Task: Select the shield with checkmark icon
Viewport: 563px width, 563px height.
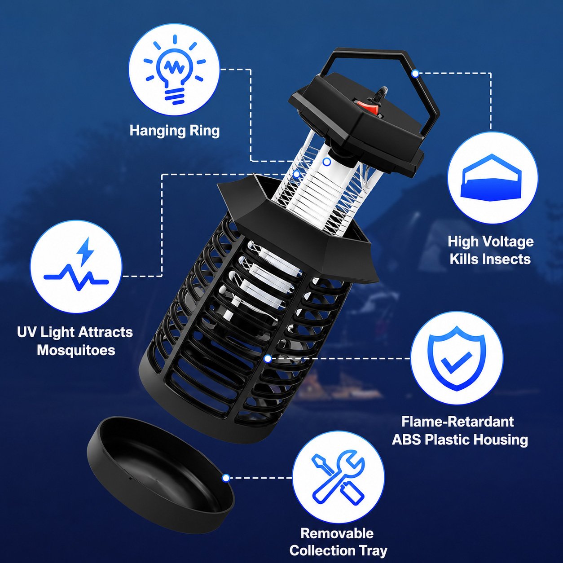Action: click(456, 359)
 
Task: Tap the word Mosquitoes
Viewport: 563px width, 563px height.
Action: click(76, 350)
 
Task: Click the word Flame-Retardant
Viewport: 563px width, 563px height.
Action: click(457, 421)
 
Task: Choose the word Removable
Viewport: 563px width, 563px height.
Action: click(337, 533)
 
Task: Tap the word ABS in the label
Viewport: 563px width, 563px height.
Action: click(406, 440)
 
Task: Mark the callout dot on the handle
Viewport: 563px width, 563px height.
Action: click(415, 74)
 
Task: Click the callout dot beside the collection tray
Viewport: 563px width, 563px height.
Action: click(225, 478)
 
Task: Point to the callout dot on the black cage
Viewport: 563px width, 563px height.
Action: click(268, 358)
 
